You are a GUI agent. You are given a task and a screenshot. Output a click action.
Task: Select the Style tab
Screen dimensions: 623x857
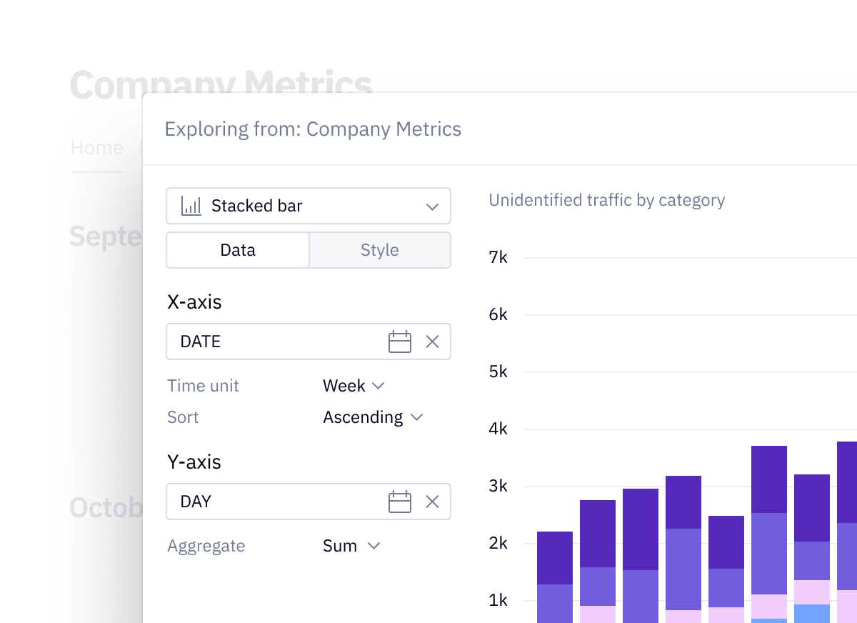[380, 250]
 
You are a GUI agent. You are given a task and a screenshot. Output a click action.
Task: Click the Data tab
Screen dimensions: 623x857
[238, 250]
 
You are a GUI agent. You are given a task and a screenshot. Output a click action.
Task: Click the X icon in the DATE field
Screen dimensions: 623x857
[432, 342]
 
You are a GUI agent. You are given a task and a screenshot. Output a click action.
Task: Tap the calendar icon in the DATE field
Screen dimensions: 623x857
[400, 342]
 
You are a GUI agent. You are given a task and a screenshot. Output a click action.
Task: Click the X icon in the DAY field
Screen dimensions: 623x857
[432, 502]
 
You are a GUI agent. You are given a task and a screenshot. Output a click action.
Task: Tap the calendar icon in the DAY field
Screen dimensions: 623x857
[400, 502]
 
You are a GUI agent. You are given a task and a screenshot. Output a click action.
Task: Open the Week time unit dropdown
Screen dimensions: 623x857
[354, 386]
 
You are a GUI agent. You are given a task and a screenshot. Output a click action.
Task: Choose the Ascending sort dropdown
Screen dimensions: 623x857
[372, 417]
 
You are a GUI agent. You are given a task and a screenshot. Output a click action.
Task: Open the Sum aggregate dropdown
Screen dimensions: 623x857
[351, 546]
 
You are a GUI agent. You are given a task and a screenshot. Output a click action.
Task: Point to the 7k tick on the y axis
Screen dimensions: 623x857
[498, 257]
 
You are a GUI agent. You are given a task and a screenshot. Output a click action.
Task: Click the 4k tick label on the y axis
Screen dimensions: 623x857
[498, 429]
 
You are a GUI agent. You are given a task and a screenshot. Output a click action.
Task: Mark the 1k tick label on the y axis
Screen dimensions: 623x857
[498, 600]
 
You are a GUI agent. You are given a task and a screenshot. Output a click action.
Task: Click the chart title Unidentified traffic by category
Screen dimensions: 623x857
[606, 200]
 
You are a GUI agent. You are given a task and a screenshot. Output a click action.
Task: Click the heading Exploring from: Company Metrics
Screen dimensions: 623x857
[313, 129]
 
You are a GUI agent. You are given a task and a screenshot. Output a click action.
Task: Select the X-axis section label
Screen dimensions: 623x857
[194, 301]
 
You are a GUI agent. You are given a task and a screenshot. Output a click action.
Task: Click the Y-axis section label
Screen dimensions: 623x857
[194, 462]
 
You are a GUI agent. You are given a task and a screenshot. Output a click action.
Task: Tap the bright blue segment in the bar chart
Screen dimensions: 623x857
[812, 613]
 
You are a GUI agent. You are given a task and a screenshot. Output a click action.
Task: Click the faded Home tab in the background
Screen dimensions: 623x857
[97, 148]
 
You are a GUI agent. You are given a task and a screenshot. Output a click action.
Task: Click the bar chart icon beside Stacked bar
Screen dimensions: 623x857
[191, 206]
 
